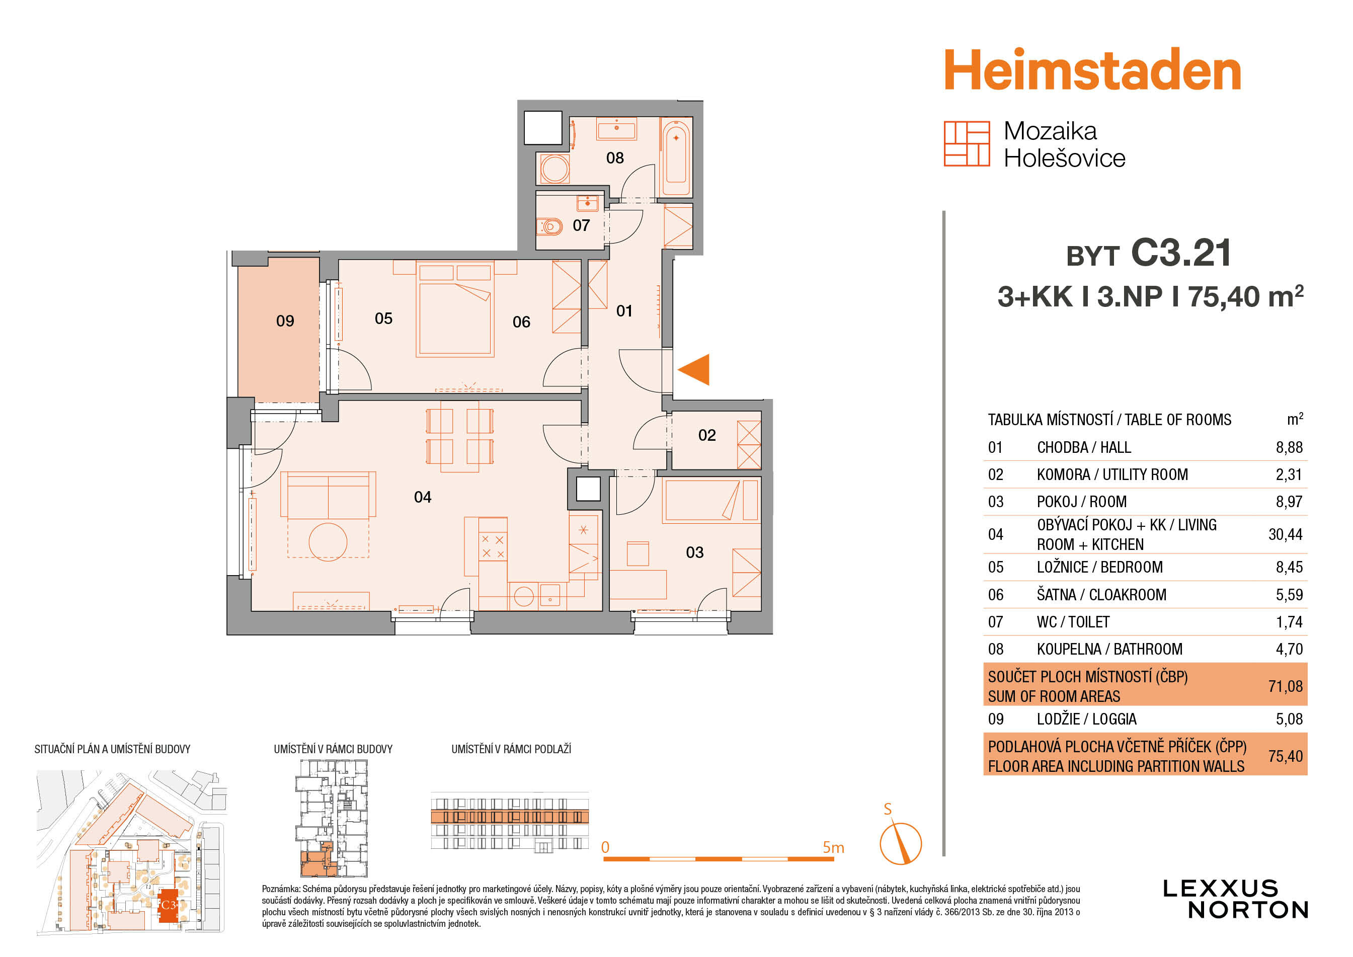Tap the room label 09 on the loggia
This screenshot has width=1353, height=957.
coord(285,321)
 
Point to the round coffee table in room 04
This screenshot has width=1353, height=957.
coord(328,541)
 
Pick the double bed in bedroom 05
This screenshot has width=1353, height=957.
coord(454,309)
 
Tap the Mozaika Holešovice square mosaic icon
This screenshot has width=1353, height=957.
coord(967,144)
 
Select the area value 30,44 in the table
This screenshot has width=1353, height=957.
coord(1285,534)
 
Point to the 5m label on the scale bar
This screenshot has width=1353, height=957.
coord(833,847)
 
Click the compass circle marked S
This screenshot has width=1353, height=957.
coord(901,843)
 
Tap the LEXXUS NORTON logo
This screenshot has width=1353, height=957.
coord(1235,899)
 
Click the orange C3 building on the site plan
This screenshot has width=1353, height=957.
coord(169,906)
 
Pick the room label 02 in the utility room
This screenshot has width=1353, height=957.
coord(707,436)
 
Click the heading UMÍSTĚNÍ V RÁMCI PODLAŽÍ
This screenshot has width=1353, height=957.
coord(511,749)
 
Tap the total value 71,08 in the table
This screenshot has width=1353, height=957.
coord(1285,686)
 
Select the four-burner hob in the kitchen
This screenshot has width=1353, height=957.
coord(493,546)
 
